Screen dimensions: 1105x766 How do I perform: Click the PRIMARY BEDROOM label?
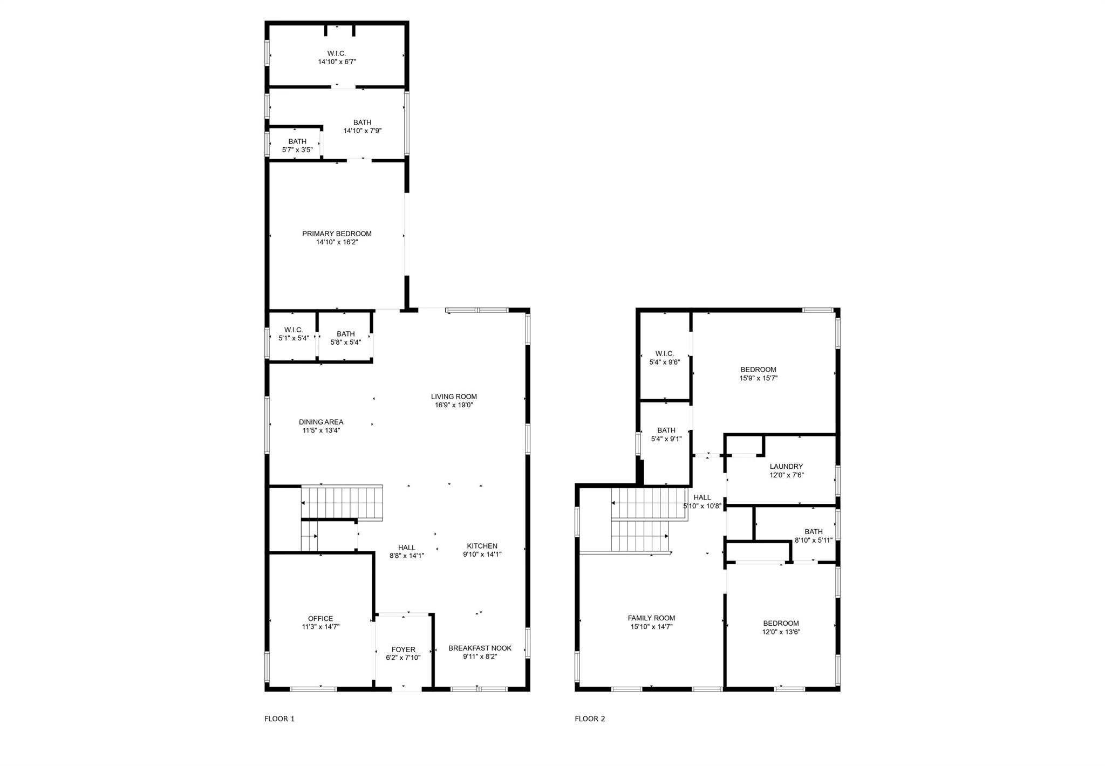click(x=337, y=234)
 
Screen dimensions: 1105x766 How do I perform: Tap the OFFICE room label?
click(x=320, y=618)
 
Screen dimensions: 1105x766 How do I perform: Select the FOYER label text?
click(x=404, y=649)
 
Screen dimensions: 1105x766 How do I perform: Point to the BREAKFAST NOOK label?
click(x=480, y=648)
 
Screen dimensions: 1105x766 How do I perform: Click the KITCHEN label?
click(x=482, y=546)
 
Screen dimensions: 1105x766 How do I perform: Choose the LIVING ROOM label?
click(x=454, y=396)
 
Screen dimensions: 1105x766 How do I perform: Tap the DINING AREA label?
click(x=321, y=422)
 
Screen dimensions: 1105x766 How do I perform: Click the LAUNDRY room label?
click(x=786, y=467)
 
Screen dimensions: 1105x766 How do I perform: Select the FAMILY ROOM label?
click(x=651, y=618)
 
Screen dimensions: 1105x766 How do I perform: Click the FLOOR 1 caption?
click(x=279, y=719)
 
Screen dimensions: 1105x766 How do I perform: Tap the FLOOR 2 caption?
click(x=590, y=719)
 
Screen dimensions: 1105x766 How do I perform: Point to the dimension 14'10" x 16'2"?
click(x=337, y=242)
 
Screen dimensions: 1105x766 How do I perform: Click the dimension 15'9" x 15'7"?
click(x=758, y=378)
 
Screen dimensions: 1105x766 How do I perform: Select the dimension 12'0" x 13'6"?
click(x=781, y=632)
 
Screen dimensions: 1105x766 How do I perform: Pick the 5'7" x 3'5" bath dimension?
click(x=297, y=150)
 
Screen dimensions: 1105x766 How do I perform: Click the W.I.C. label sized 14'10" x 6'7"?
click(x=337, y=53)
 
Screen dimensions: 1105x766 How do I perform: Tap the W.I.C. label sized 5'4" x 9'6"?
click(x=664, y=354)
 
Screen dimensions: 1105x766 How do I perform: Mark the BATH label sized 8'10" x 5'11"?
click(x=814, y=531)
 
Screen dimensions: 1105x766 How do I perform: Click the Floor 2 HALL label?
click(x=702, y=497)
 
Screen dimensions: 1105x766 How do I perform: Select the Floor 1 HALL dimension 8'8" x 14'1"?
click(x=407, y=556)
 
